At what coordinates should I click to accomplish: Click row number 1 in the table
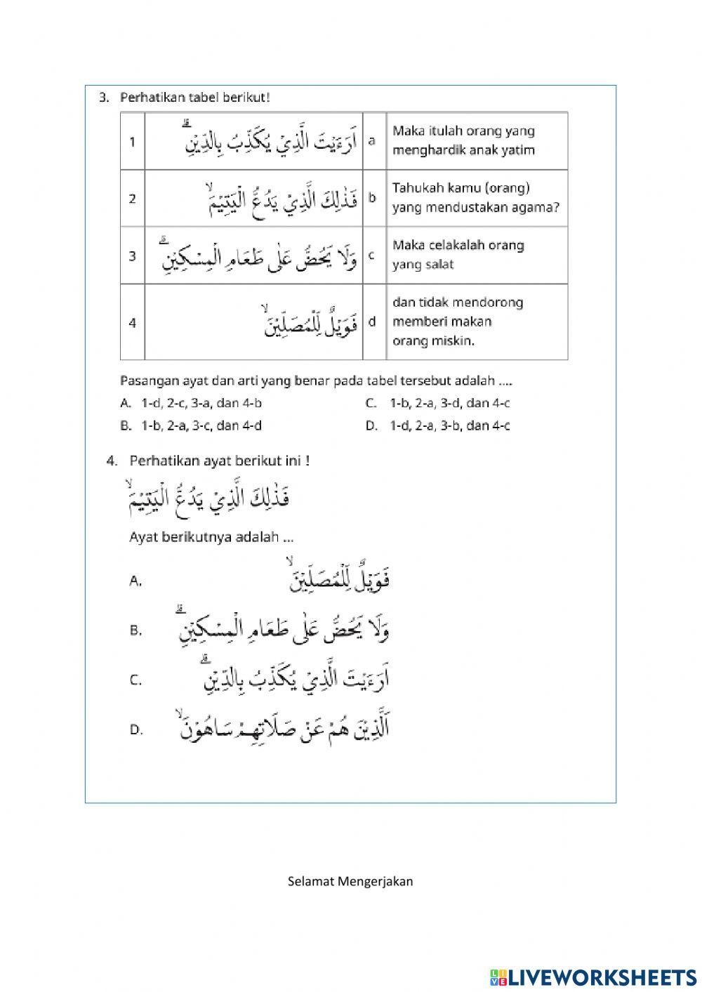click(x=132, y=142)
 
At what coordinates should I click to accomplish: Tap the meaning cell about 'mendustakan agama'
click(x=475, y=198)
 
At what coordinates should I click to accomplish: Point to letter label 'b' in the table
click(x=372, y=198)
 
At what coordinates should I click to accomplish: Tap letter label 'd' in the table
click(x=372, y=322)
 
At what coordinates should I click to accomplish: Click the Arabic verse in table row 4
click(x=310, y=322)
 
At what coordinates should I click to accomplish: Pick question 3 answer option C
click(x=438, y=403)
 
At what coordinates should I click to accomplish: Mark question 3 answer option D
click(x=438, y=425)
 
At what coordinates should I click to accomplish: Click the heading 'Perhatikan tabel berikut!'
click(x=194, y=98)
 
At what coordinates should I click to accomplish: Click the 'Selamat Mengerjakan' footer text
click(x=350, y=881)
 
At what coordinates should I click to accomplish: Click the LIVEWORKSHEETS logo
click(x=592, y=977)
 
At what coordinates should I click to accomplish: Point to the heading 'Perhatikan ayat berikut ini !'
click(x=219, y=461)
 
